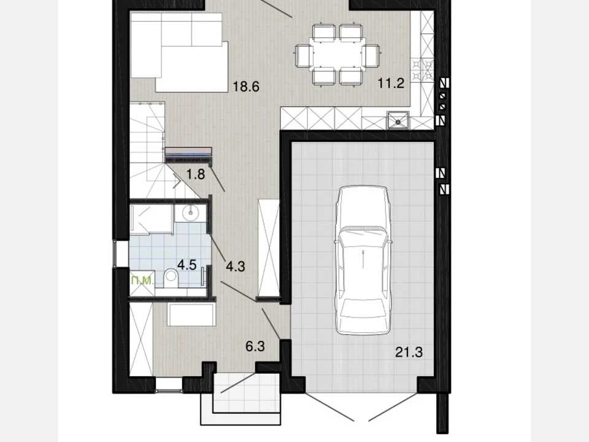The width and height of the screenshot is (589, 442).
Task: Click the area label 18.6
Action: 246,87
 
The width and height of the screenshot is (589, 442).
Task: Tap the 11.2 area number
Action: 391,83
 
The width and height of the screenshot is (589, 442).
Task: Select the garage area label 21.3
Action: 409,352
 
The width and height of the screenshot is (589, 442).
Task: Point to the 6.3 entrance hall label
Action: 255,346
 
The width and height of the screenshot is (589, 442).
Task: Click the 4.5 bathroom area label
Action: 187,265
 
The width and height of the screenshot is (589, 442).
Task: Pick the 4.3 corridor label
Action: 236,266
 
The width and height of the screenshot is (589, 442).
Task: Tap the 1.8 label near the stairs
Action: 196,174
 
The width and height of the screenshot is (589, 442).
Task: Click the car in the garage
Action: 363,260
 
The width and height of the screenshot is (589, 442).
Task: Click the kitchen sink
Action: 398,120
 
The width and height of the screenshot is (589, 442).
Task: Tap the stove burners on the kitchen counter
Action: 422,69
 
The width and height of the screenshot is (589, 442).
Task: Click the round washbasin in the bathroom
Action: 190,213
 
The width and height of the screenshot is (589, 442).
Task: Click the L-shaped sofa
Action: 180,52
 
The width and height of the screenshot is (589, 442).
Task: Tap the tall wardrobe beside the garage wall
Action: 268,247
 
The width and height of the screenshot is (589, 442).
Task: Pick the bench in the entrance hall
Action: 191,314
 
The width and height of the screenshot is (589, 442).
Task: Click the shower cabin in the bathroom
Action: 151,220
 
